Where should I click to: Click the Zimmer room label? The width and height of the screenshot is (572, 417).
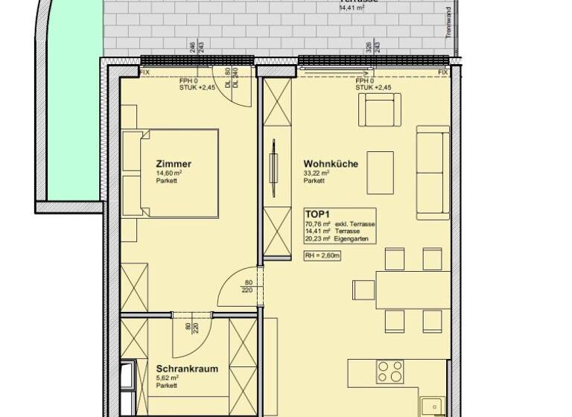(174, 164)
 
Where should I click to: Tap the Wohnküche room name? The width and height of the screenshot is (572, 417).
(331, 164)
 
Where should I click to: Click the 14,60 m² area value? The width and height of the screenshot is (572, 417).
(169, 173)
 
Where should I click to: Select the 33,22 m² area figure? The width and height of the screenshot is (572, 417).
(317, 173)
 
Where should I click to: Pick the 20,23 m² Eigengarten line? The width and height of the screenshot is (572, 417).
(339, 239)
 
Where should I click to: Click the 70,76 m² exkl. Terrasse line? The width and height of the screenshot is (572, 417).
(339, 224)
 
